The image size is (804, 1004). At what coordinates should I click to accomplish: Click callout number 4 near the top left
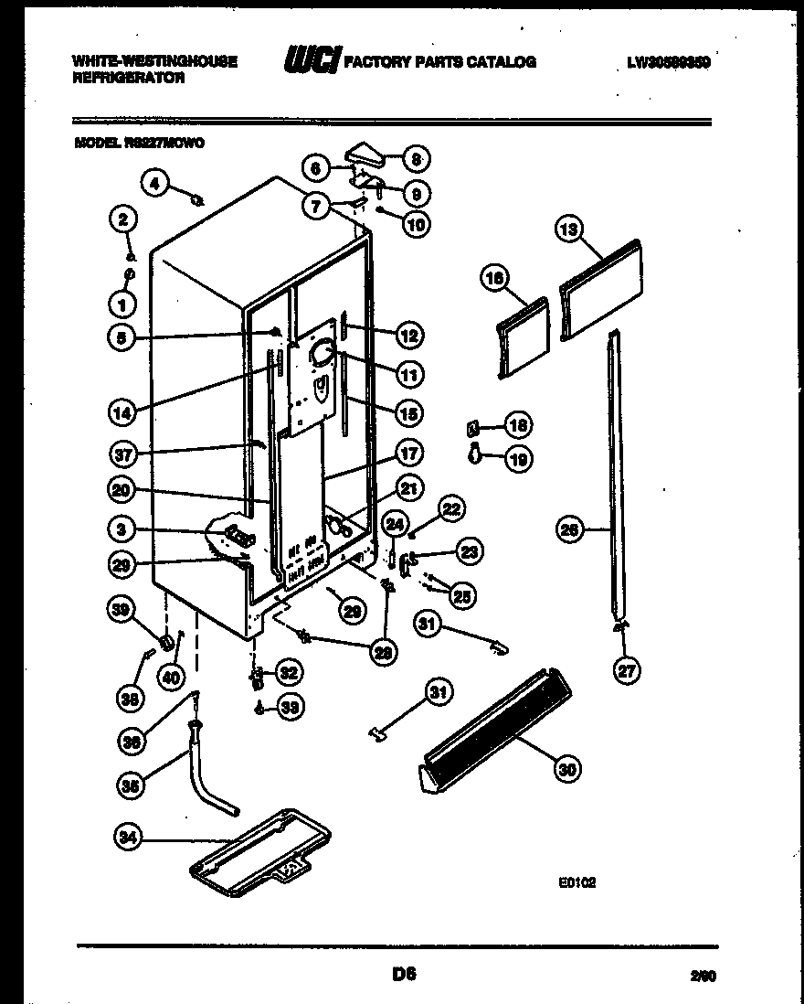tap(154, 184)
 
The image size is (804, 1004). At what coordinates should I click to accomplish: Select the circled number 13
tap(568, 231)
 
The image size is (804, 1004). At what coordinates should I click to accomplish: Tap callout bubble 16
tap(495, 281)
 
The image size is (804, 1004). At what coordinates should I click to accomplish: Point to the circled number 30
tap(566, 769)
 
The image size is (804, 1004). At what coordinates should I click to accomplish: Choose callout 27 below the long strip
tap(626, 670)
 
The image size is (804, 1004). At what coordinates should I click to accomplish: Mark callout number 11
tap(408, 373)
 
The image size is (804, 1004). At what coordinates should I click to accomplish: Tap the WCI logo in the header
tap(312, 61)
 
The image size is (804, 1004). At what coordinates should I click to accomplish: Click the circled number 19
tap(517, 460)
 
